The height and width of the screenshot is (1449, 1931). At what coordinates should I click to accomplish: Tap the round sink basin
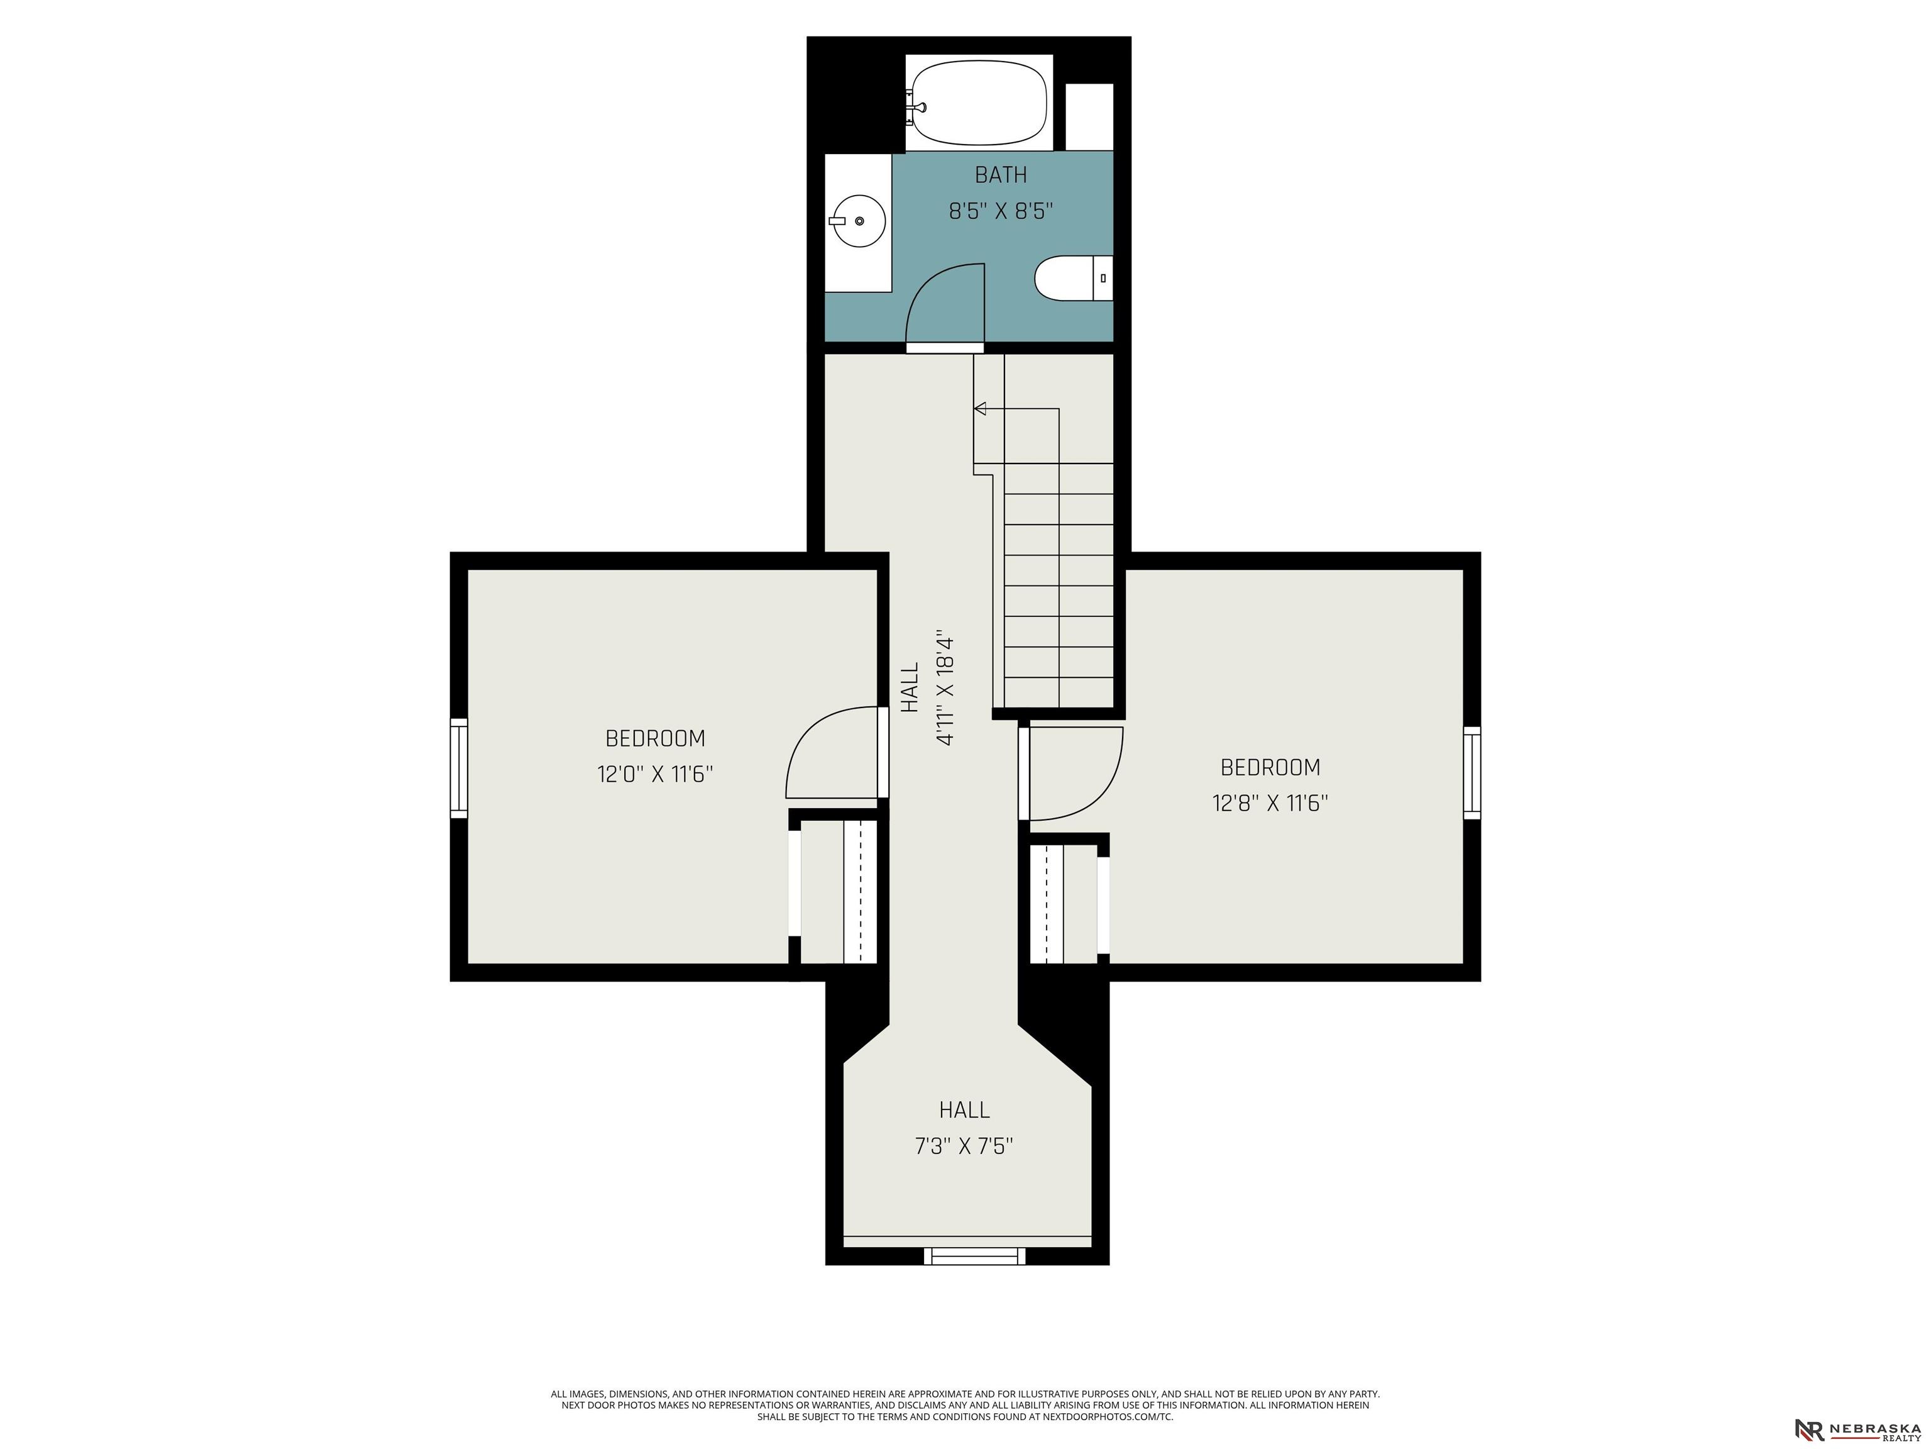click(x=857, y=221)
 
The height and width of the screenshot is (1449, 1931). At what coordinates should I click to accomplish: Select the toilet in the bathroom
click(x=1074, y=279)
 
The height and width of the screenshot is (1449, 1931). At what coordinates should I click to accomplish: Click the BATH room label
click(x=1001, y=175)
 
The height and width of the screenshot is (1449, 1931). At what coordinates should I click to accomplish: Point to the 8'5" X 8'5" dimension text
click(x=1001, y=211)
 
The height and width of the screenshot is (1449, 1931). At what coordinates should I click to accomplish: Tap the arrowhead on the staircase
click(x=979, y=408)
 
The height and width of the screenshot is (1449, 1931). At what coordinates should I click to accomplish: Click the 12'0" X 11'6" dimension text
click(x=655, y=775)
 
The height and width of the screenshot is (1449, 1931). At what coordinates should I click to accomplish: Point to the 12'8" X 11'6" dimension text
click(x=1270, y=804)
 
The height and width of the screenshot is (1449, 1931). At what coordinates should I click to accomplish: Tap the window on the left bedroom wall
click(x=458, y=768)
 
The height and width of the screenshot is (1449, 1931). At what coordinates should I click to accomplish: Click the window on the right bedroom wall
click(x=1472, y=772)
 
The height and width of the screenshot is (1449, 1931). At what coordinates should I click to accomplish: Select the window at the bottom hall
click(x=975, y=1256)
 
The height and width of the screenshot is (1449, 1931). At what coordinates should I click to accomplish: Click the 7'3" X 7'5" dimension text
click(x=964, y=1146)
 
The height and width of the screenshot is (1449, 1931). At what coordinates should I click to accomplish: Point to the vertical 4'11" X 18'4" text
click(x=945, y=687)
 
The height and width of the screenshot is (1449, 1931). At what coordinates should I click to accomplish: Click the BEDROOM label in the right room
click(x=1270, y=768)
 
